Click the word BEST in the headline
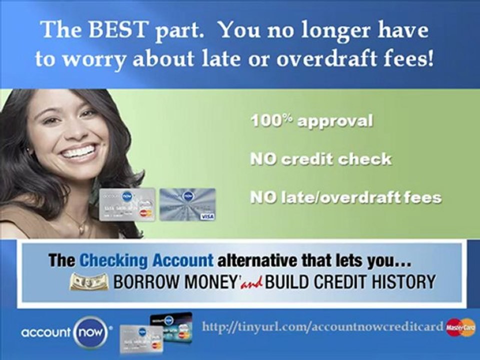(117, 30)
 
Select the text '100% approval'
(311, 121)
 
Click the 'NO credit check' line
(320, 159)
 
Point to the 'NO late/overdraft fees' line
(345, 197)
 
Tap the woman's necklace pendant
(81, 228)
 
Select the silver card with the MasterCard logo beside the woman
(126, 204)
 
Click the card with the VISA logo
(187, 204)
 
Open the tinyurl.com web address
(322, 327)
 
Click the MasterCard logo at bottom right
(460, 327)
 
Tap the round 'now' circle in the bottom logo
(91, 332)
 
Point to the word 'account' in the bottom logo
(46, 332)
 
